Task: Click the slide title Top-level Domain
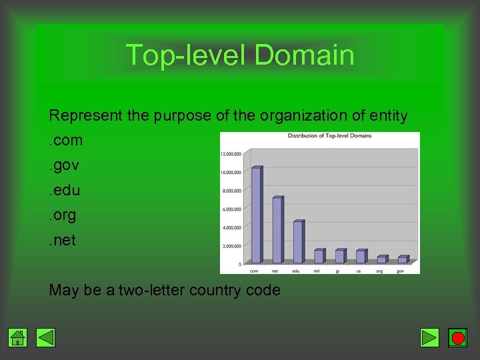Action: (240, 55)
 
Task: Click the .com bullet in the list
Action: (66, 141)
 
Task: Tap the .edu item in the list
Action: (65, 190)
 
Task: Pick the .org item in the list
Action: (63, 215)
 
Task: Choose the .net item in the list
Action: (63, 239)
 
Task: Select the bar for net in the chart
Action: (277, 230)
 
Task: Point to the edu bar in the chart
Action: (298, 242)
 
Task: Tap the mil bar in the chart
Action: (319, 256)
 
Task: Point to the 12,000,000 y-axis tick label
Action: (231, 154)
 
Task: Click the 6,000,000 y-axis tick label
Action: (231, 209)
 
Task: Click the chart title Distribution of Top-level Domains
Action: (329, 136)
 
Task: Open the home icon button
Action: (18, 338)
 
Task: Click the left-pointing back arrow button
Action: (45, 338)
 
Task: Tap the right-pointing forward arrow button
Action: (430, 338)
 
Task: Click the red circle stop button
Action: (457, 338)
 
